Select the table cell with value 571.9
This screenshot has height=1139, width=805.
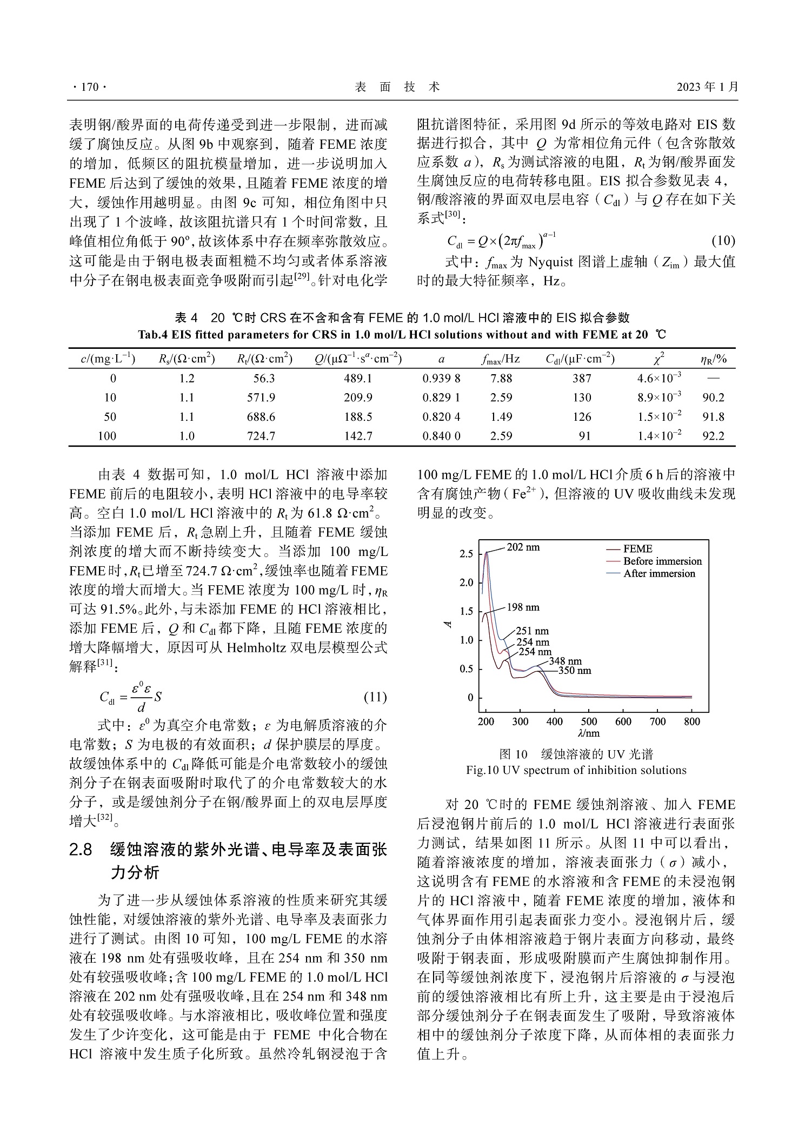point(261,398)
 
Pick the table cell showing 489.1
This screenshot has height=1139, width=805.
point(358,379)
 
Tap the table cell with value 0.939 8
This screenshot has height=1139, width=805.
point(441,379)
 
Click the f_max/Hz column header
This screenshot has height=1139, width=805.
point(501,359)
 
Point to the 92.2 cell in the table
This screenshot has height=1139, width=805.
point(713,436)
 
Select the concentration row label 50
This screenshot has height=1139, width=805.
point(110,417)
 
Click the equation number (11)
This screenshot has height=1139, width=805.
point(375,697)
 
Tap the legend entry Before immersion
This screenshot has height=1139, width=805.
point(662,561)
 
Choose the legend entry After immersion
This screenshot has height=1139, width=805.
point(658,574)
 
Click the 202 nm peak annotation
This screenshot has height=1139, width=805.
point(523,547)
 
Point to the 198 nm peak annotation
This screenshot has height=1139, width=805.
point(523,607)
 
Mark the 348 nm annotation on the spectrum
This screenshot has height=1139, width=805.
point(566,661)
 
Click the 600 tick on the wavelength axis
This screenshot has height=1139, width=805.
point(623,721)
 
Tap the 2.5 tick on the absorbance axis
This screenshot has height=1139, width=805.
point(466,554)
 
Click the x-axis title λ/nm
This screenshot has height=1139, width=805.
point(589,733)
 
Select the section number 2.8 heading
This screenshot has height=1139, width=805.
point(81,850)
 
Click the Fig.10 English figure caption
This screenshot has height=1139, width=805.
point(576,770)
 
